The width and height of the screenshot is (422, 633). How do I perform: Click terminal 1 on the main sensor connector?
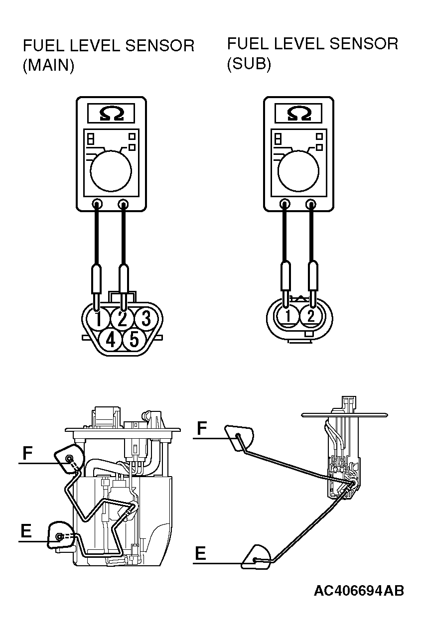pos(98,319)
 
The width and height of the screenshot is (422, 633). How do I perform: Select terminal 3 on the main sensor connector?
pos(146,319)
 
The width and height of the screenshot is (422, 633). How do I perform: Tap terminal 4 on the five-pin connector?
pos(111,339)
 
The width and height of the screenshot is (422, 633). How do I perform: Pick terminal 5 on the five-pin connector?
pos(134,339)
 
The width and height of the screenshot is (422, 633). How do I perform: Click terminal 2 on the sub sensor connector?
pos(311,316)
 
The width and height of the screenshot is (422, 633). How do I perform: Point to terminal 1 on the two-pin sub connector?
pos(288,316)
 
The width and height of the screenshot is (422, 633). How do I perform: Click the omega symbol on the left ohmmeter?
pos(111,113)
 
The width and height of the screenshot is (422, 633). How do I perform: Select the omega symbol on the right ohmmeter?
pos(299,113)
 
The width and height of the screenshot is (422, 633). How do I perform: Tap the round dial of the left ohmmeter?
pos(111,171)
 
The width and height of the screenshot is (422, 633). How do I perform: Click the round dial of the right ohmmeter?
pos(298,171)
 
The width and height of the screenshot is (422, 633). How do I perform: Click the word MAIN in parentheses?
pos(48,66)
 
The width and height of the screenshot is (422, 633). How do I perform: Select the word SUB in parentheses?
pos(249,64)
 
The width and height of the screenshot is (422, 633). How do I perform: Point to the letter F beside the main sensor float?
pos(27,453)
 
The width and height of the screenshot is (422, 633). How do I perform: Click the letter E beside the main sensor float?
pos(26,530)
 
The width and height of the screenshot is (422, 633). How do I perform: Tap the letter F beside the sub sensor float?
pos(202,428)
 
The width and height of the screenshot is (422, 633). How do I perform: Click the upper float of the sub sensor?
pos(239,437)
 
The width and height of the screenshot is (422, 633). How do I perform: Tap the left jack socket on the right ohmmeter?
pos(284,204)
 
